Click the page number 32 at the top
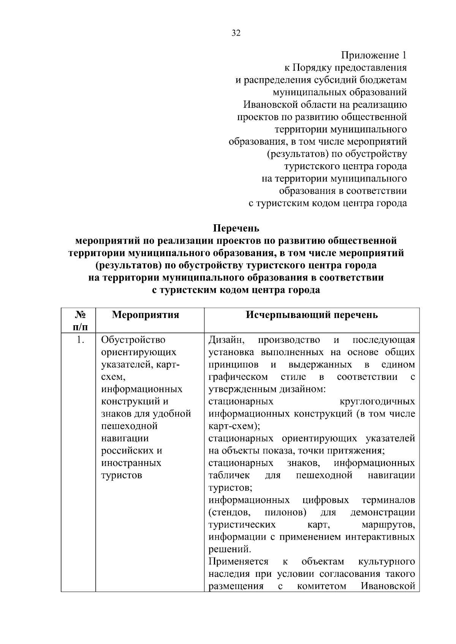[236, 33]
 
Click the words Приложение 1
[374, 55]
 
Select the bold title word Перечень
[236, 228]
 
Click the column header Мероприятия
[146, 315]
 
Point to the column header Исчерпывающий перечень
[312, 315]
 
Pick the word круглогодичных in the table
[377, 402]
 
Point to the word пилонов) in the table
[285, 513]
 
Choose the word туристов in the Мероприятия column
[122, 476]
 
